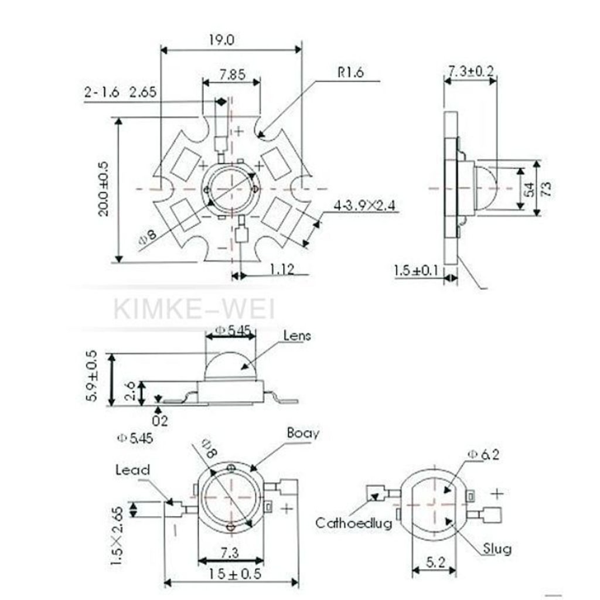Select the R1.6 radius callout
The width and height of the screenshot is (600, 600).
pyautogui.click(x=350, y=73)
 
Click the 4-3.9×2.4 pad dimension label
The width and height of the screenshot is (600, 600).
pyautogui.click(x=366, y=206)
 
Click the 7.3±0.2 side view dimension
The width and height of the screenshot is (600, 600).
pyautogui.click(x=471, y=71)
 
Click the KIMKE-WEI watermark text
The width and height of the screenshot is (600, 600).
pyautogui.click(x=194, y=308)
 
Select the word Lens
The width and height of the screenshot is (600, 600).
pyautogui.click(x=297, y=336)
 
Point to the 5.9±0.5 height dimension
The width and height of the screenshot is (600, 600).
pyautogui.click(x=92, y=379)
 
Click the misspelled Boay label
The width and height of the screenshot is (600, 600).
pyautogui.click(x=303, y=433)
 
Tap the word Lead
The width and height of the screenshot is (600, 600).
pyautogui.click(x=132, y=470)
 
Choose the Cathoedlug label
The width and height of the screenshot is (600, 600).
pyautogui.click(x=353, y=523)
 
